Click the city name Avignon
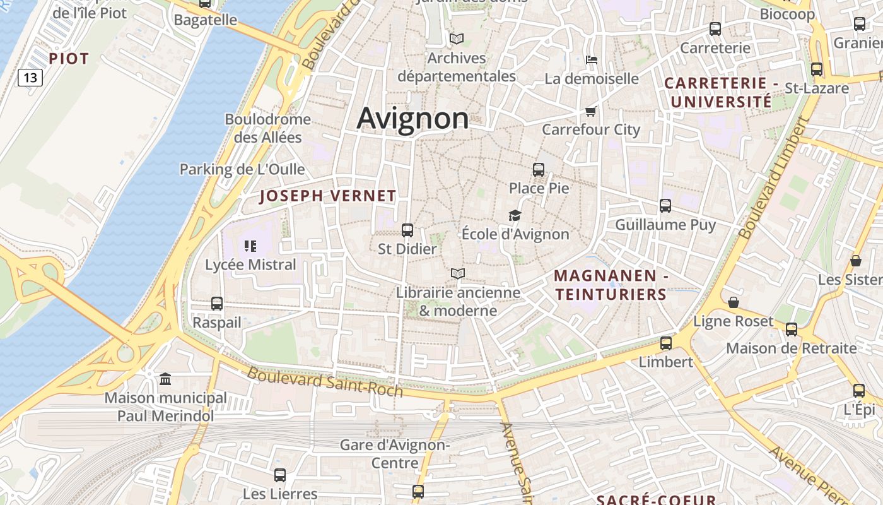point(412,119)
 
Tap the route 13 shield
point(30,78)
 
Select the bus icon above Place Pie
point(539,169)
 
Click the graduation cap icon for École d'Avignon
point(515,216)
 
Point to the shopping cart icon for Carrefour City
point(590,112)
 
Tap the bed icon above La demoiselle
point(592,60)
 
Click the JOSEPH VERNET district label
point(327,196)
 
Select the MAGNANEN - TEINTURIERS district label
point(611,285)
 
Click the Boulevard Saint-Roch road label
point(324,382)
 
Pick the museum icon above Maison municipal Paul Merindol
point(165,379)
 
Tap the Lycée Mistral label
point(250,264)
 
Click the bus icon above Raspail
point(217,303)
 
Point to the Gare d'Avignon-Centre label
point(395,454)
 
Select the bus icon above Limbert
point(666,343)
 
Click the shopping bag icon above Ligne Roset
point(733,302)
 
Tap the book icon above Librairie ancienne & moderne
point(458,273)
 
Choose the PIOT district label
point(69,59)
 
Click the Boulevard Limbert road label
point(773,179)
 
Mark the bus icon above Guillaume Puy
point(665,205)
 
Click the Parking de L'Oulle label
point(242,169)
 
